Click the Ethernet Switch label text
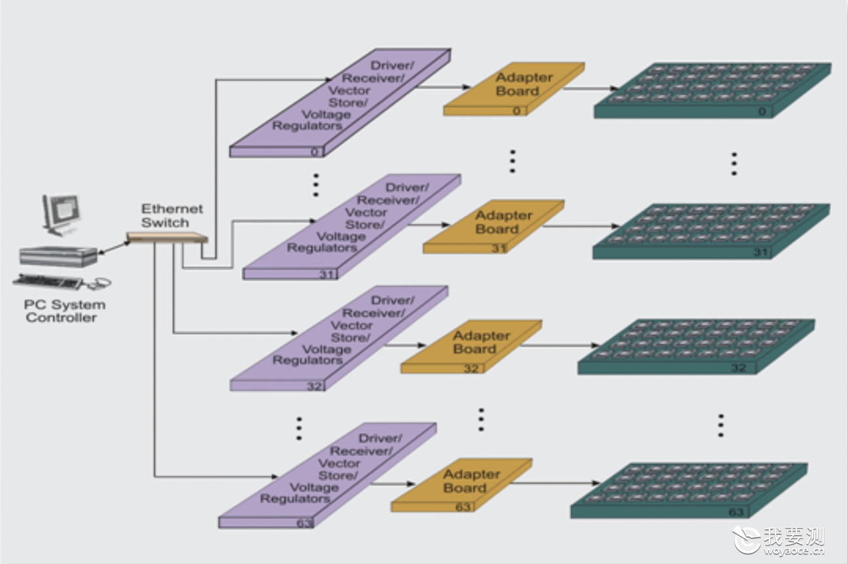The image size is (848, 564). point(172,216)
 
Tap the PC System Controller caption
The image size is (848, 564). point(64,311)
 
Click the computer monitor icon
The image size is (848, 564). point(61,215)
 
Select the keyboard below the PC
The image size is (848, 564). point(48,281)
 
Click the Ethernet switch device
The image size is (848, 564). point(167,238)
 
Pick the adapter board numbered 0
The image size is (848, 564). point(514,89)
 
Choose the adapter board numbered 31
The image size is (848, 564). point(493,227)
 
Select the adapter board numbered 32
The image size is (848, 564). point(471,347)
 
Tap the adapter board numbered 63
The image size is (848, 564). point(461,485)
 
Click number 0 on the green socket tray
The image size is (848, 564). point(762,111)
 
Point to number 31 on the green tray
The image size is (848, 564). point(760,252)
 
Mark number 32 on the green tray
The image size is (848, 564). point(738,368)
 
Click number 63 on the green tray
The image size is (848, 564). point(736,512)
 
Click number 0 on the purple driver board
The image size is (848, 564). point(315,152)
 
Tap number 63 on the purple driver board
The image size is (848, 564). point(304,523)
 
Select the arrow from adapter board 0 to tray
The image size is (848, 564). point(591,88)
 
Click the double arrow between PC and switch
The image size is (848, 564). point(115,247)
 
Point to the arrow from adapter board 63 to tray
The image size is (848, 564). point(556,483)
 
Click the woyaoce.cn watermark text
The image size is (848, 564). point(794,550)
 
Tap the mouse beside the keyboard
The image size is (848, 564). point(100,283)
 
